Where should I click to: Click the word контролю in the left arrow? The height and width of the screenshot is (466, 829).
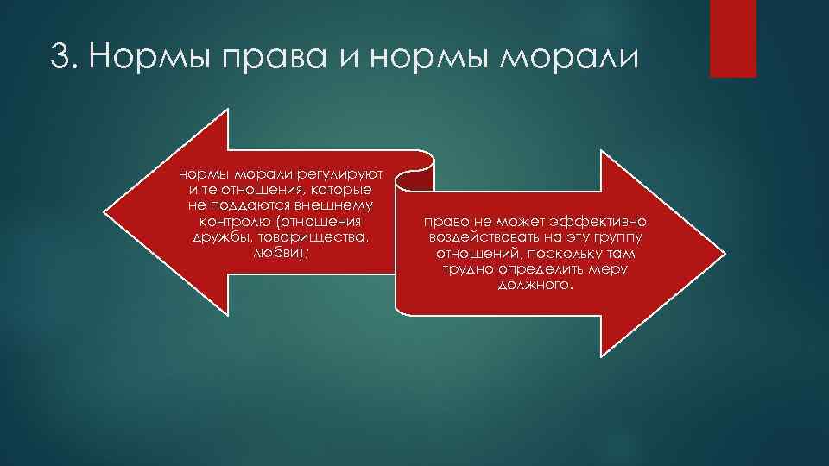pyautogui.click(x=226, y=220)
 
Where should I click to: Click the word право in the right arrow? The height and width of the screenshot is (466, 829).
pyautogui.click(x=442, y=222)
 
